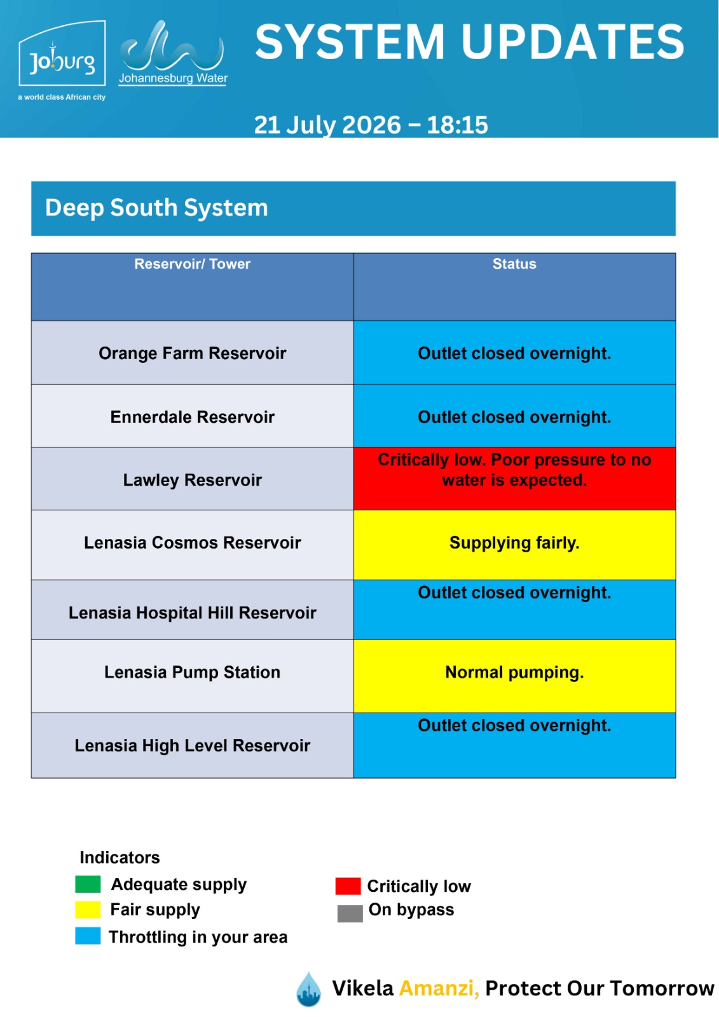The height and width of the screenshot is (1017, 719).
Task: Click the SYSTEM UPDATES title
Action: (x=470, y=42)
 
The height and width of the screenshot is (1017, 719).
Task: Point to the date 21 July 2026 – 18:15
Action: (x=371, y=125)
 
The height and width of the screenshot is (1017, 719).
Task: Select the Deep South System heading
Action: (x=156, y=208)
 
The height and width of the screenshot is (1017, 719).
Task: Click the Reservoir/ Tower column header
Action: (x=192, y=264)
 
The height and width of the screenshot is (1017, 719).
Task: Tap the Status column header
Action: (x=514, y=264)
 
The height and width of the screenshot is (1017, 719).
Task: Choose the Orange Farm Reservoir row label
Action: (x=192, y=353)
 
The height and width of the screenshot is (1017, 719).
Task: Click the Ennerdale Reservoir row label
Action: (x=192, y=417)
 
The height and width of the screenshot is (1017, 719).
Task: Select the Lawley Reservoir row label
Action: (x=192, y=480)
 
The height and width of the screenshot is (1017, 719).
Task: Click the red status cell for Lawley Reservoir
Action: (x=514, y=479)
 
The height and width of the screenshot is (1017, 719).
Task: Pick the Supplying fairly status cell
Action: (x=514, y=545)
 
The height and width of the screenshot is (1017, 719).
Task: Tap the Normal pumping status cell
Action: (x=514, y=676)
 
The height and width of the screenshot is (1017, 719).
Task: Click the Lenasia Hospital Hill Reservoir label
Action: (x=192, y=613)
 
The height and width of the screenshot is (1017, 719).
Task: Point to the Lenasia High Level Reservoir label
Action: (x=192, y=746)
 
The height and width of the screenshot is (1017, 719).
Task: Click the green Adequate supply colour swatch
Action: (x=88, y=884)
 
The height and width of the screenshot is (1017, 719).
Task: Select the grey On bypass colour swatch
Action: (x=350, y=913)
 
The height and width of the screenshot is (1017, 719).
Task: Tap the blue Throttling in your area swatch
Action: (x=88, y=936)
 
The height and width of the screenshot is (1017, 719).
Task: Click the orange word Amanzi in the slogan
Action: (x=439, y=988)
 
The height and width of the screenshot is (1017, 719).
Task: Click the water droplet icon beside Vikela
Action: (x=308, y=989)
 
